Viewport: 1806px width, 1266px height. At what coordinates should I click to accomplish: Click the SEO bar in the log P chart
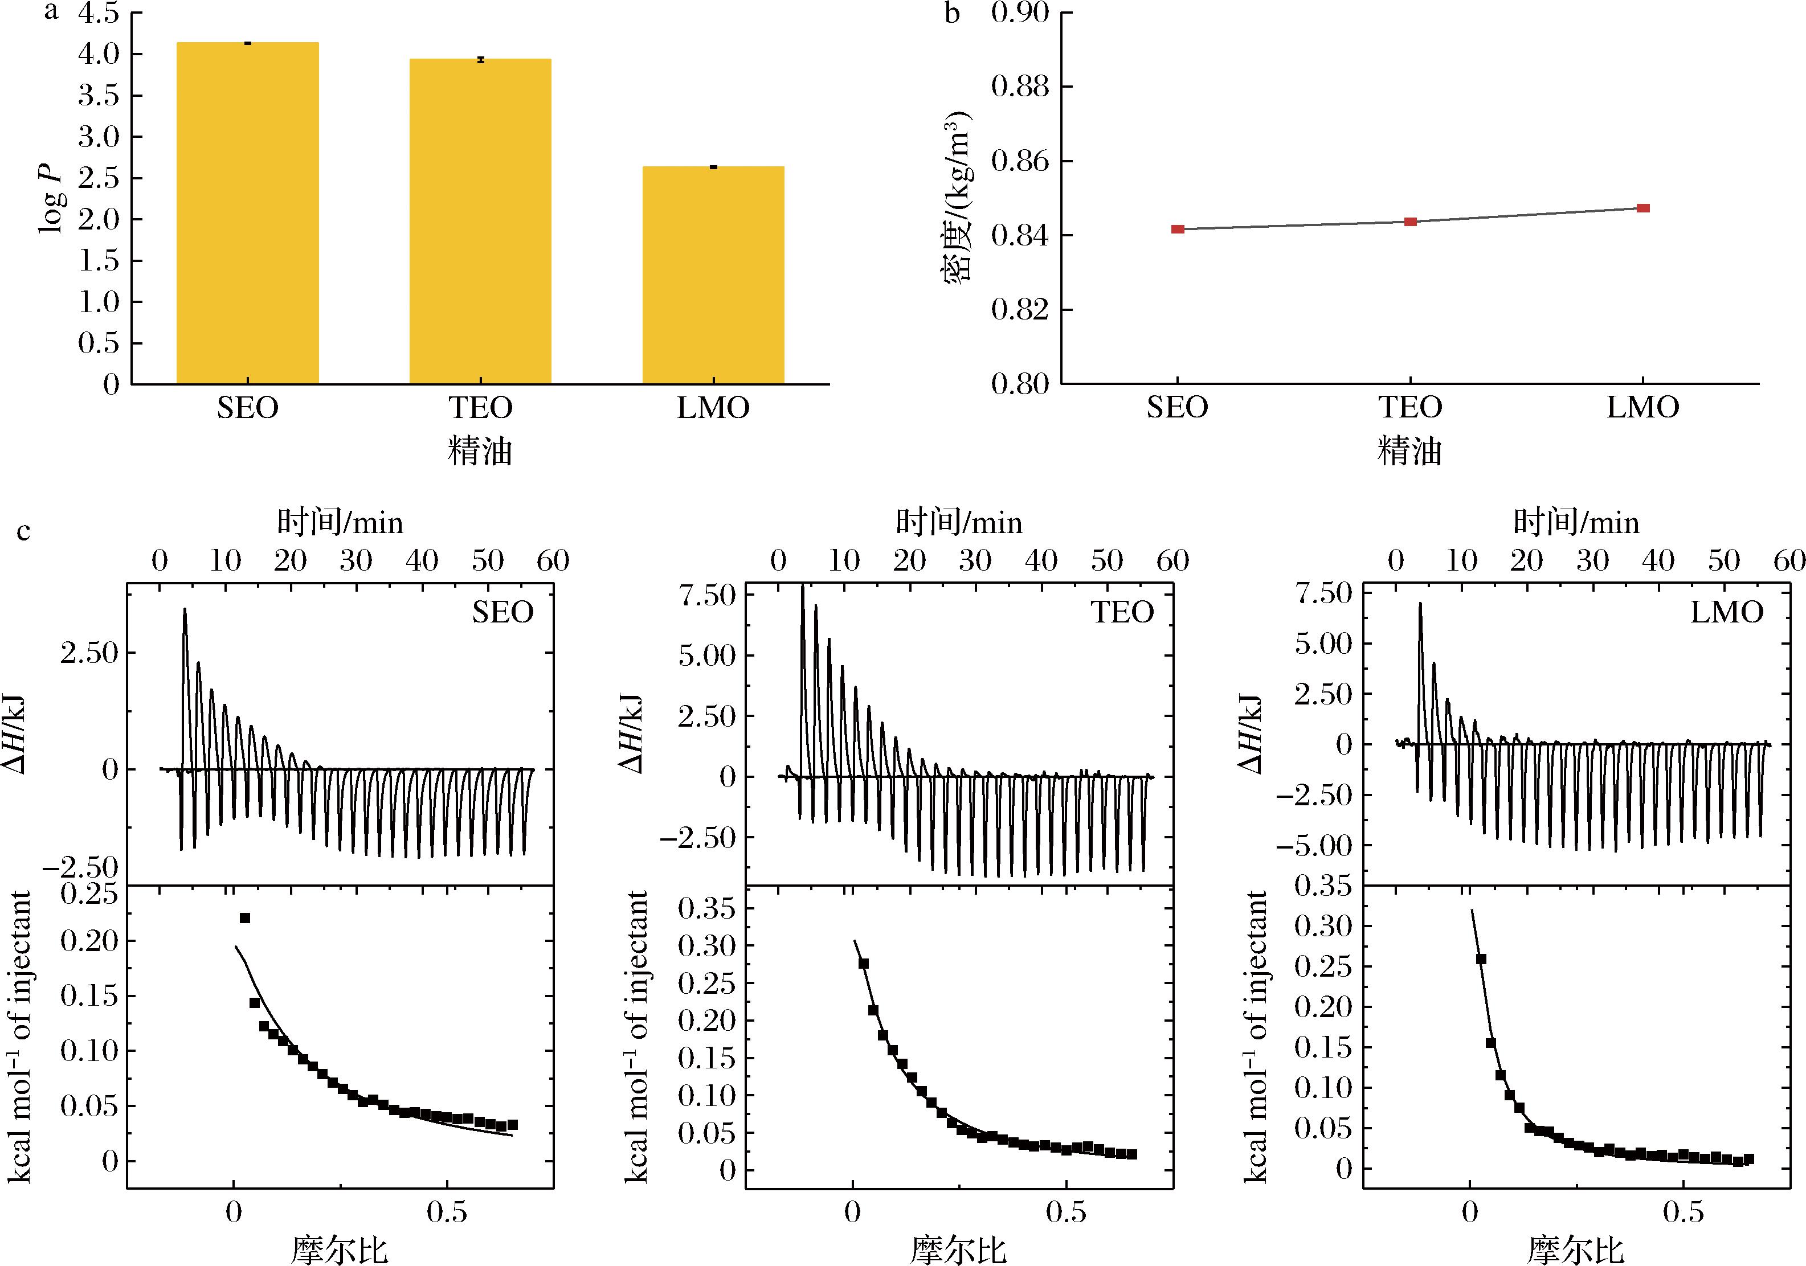pyautogui.click(x=247, y=212)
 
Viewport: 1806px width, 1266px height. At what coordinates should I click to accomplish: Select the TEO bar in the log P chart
pyautogui.click(x=480, y=221)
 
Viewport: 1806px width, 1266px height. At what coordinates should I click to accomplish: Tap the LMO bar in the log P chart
pyautogui.click(x=713, y=275)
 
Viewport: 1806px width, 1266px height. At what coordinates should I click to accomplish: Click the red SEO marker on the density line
pyautogui.click(x=1178, y=230)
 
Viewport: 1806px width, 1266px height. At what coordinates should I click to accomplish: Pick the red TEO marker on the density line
pyautogui.click(x=1411, y=222)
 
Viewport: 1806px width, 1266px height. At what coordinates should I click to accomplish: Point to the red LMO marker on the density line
pyautogui.click(x=1643, y=208)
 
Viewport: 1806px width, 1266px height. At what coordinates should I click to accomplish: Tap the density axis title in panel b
pyautogui.click(x=957, y=196)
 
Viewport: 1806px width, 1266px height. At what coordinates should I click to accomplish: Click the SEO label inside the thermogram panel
pyautogui.click(x=502, y=612)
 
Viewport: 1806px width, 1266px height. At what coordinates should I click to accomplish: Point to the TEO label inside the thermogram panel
pyautogui.click(x=1122, y=612)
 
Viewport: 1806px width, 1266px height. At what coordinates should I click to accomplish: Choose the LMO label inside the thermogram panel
pyautogui.click(x=1727, y=612)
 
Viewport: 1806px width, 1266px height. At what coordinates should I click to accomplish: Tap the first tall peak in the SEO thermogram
pyautogui.click(x=185, y=610)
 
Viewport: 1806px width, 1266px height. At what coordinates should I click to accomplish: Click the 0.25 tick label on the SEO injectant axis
pyautogui.click(x=89, y=895)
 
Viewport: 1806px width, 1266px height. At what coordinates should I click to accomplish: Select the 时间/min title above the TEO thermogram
pyautogui.click(x=959, y=523)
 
